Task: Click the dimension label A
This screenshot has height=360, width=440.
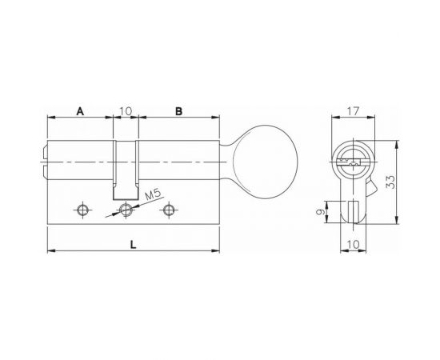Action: [x=80, y=111]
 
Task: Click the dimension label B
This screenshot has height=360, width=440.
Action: [x=178, y=111]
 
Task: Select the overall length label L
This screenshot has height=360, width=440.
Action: [x=134, y=245]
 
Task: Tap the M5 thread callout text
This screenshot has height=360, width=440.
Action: [x=153, y=194]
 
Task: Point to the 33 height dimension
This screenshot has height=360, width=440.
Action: [x=390, y=182]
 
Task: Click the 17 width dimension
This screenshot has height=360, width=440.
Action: [x=353, y=111]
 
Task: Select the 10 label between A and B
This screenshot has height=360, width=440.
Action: [x=126, y=111]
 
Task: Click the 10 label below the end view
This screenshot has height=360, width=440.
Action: [x=354, y=245]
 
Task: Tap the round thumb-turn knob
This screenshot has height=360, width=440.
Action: [x=265, y=162]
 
